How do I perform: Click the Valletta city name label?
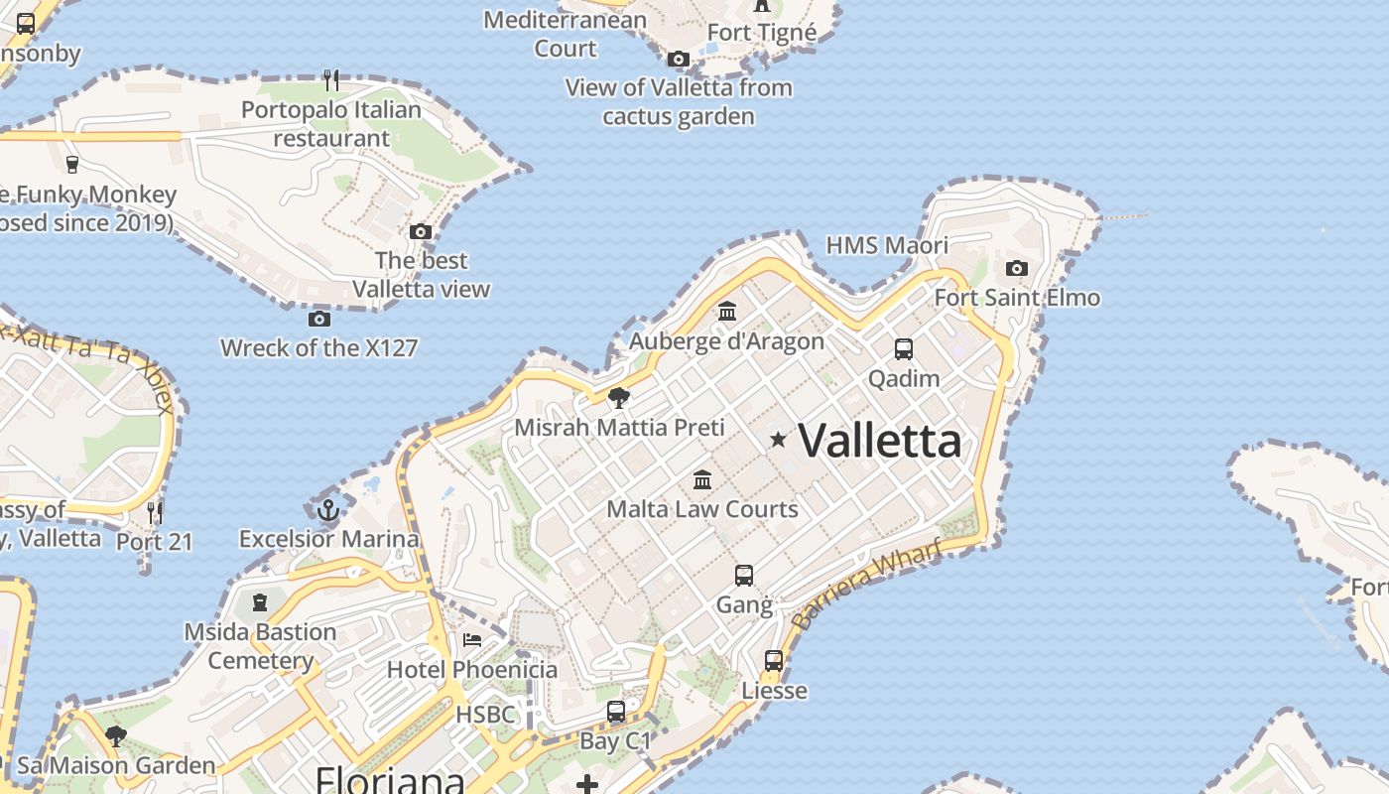point(880,441)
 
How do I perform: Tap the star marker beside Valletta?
point(779,439)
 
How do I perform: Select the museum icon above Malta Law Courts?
point(702,480)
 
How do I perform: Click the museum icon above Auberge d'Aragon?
point(727,312)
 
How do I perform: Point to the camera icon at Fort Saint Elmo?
point(1016,268)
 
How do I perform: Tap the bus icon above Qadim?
point(903,349)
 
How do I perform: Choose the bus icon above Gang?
point(743,575)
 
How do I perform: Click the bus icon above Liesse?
point(774,660)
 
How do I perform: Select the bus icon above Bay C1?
point(615,711)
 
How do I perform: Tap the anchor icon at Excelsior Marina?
point(328,511)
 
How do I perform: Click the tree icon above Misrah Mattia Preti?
point(619,398)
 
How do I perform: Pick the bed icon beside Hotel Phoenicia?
point(472,640)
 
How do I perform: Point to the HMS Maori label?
point(887,245)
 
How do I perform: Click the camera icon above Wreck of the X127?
point(318,319)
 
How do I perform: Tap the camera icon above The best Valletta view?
point(421,232)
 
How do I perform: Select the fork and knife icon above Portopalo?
point(331,80)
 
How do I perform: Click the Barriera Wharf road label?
point(866,586)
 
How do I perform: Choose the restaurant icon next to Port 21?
point(154,512)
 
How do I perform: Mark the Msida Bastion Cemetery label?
point(260,646)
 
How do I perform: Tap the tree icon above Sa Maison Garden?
point(116,736)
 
